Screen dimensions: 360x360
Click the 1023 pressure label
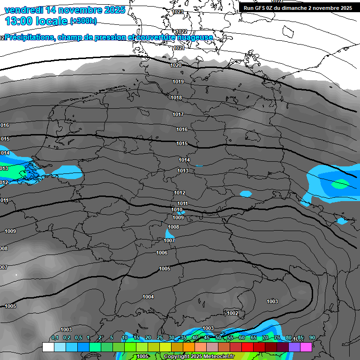pyautogui.click(x=178, y=12)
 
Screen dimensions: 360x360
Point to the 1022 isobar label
pyautogui.click(x=182, y=31)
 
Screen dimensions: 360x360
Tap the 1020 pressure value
pyautogui.click(x=176, y=65)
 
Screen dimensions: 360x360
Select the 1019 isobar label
pyautogui.click(x=178, y=82)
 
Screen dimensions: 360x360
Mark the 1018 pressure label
pyautogui.click(x=176, y=97)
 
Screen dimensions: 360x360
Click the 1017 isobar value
pyautogui.click(x=178, y=114)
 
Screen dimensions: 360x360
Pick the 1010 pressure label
pyautogui.click(x=177, y=210)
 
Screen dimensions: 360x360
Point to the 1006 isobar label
pyautogui.click(x=162, y=253)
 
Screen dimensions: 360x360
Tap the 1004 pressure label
pyautogui.click(x=148, y=297)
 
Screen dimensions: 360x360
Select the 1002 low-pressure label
pyautogui.click(x=232, y=313)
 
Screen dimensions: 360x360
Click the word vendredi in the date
pyautogui.click(x=24, y=10)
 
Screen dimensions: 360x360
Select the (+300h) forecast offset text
pyautogui.click(x=83, y=21)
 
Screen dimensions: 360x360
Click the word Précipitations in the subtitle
pyautogui.click(x=30, y=37)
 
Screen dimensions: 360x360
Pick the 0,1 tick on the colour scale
pyautogui.click(x=55, y=337)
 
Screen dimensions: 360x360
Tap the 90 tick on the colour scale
pyautogui.click(x=312, y=337)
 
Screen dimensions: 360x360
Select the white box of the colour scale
pyautogui.click(x=48, y=347)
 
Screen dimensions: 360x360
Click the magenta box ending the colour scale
pyautogui.click(x=306, y=347)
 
